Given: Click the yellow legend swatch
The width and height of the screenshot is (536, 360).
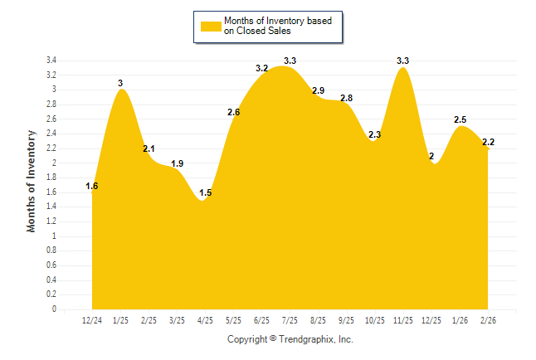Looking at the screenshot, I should (211, 26).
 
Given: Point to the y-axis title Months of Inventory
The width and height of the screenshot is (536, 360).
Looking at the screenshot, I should (32, 180).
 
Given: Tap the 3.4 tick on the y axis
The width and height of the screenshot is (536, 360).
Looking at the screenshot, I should (51, 61).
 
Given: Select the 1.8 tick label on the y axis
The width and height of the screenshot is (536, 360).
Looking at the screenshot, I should (51, 178).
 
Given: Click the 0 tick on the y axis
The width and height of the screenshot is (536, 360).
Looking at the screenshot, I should (54, 309).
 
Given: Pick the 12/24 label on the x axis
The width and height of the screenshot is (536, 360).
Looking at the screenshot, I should (92, 320).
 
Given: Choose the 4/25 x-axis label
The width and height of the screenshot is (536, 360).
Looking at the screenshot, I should (205, 320).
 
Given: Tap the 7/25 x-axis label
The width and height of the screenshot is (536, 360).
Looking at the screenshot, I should (290, 320).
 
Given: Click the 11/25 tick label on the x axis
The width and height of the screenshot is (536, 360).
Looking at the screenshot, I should (402, 320).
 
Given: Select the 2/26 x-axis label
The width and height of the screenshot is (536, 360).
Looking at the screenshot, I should (487, 320).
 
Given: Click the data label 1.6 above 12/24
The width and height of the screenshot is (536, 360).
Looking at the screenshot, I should (92, 186).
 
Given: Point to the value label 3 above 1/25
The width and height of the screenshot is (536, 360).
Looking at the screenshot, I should (120, 83).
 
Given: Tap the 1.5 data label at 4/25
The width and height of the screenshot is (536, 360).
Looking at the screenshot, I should (206, 193).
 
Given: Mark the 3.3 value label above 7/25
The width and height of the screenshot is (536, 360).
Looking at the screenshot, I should (290, 61).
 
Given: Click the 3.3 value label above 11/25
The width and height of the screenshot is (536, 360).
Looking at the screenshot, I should (403, 61).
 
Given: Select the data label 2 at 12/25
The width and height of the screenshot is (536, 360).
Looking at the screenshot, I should (431, 156).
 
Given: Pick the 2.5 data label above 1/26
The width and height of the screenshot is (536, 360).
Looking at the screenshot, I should (460, 119).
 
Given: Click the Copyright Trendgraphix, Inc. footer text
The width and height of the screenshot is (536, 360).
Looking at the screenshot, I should (290, 339).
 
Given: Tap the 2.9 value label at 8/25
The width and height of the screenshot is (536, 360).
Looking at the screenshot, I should (319, 90).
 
